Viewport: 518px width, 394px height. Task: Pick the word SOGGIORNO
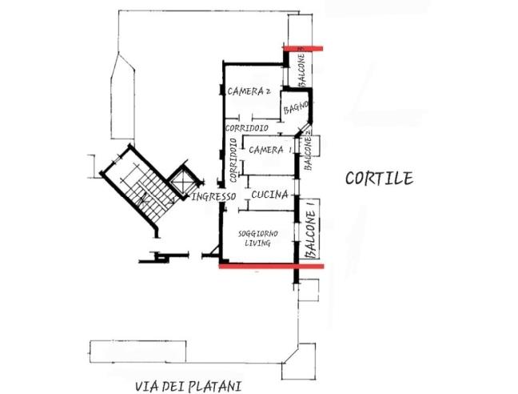(258, 233)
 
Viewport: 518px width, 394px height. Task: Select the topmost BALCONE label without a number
(302, 70)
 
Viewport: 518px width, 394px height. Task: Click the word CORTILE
(379, 179)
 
